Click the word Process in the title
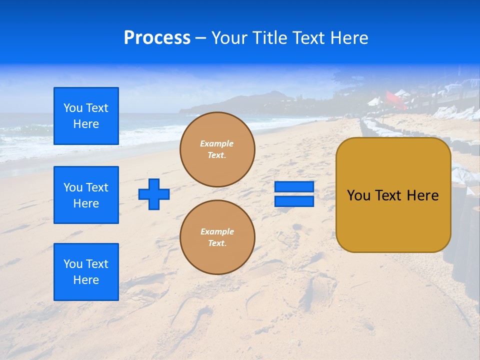157,38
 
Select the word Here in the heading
348,38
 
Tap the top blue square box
86,116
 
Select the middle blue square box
86,195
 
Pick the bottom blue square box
86,272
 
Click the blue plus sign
154,194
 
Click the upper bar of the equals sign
294,187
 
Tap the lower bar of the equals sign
294,201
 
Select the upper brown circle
217,149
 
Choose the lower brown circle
217,237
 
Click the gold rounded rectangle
393,195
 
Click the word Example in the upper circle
216,143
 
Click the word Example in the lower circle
217,231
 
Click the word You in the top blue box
73,108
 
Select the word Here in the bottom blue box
86,280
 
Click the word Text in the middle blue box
96,187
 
